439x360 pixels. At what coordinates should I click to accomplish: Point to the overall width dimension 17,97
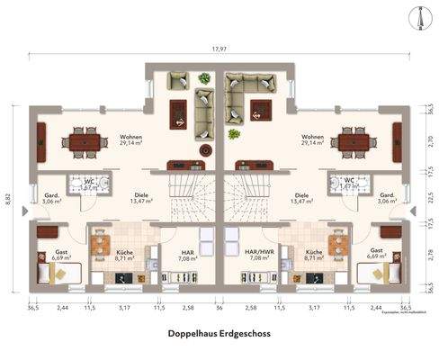coord(219,49)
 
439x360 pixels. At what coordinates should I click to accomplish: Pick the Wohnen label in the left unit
coord(130,139)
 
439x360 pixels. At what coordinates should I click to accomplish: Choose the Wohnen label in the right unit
coord(312,139)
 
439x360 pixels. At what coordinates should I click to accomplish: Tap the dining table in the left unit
coord(84,140)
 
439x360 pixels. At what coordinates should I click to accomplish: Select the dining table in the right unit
coord(353,140)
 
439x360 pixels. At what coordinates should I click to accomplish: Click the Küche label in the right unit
coord(314,254)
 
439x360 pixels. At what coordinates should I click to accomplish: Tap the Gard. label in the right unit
coord(388,196)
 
